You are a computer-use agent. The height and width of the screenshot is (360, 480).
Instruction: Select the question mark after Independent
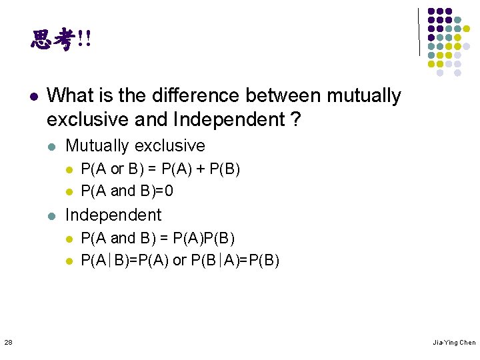point(295,120)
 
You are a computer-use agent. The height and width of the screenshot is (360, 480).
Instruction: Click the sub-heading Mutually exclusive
point(135,145)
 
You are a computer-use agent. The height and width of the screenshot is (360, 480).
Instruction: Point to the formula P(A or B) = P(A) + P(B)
point(160,169)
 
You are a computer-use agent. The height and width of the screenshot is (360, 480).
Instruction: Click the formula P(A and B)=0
point(127,191)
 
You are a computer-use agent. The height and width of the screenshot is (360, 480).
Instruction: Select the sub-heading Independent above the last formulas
point(113,215)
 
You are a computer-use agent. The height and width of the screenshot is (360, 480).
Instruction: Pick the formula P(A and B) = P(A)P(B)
point(157,238)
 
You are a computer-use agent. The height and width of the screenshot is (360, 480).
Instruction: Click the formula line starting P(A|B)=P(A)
point(180,260)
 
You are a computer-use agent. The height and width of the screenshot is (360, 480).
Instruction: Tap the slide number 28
point(7,342)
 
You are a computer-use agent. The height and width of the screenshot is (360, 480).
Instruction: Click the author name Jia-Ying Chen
point(454,343)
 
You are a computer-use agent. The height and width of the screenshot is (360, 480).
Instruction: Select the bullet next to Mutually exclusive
point(52,146)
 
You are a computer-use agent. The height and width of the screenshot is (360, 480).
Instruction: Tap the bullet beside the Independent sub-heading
point(52,215)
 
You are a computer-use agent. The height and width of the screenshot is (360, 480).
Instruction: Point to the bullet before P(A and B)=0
point(68,192)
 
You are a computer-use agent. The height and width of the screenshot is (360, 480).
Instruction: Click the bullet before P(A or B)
point(68,169)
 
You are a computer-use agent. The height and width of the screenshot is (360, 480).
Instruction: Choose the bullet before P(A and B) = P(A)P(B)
point(68,239)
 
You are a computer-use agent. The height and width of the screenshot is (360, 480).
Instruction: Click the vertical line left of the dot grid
point(419,31)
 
